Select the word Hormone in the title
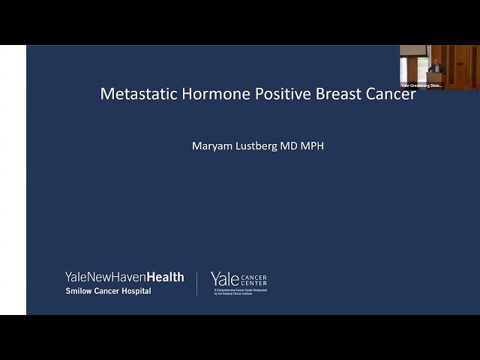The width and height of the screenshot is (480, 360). [208, 94]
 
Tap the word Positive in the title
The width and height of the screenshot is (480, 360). [271, 94]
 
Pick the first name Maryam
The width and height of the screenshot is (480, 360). [213, 145]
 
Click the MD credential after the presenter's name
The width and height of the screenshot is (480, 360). [295, 145]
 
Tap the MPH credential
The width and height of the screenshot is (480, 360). [314, 145]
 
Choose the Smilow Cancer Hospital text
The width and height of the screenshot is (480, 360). [108, 291]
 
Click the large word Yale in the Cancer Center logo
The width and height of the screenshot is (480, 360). [225, 279]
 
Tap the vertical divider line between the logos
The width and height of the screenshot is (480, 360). [197, 283]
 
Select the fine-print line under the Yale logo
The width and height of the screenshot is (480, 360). [239, 291]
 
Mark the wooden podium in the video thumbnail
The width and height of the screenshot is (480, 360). [435, 76]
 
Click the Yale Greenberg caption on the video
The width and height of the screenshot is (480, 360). [421, 85]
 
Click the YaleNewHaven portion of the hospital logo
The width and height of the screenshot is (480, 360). [105, 277]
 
